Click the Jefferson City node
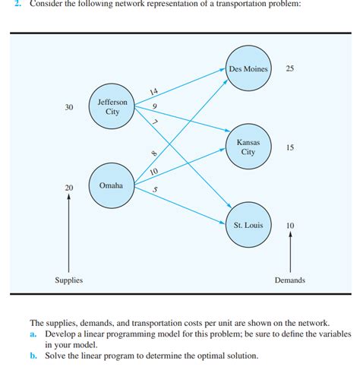[112, 106]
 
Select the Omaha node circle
[112, 185]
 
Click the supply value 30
[69, 107]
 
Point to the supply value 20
[69, 187]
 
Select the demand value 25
[290, 69]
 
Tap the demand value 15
[290, 147]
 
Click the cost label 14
[154, 93]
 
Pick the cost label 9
[155, 106]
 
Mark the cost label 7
[155, 122]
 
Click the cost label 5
[155, 189]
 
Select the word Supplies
[69, 280]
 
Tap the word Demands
[289, 280]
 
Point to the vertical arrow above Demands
[290, 251]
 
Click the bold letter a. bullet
[33, 334]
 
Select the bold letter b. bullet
[33, 355]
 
